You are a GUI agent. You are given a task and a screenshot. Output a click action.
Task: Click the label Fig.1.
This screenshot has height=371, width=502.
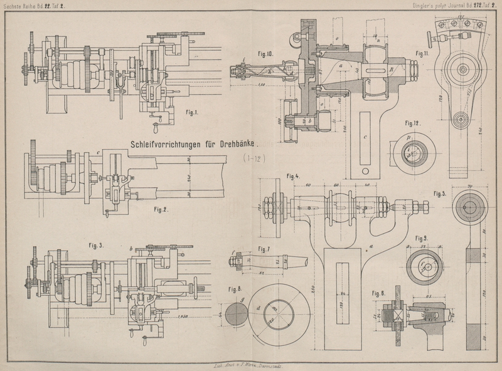(x=192, y=113)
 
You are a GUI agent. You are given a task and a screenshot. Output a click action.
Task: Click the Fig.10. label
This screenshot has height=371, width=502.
(x=265, y=55)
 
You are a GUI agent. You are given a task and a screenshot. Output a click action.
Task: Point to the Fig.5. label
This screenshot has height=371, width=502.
(x=439, y=193)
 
